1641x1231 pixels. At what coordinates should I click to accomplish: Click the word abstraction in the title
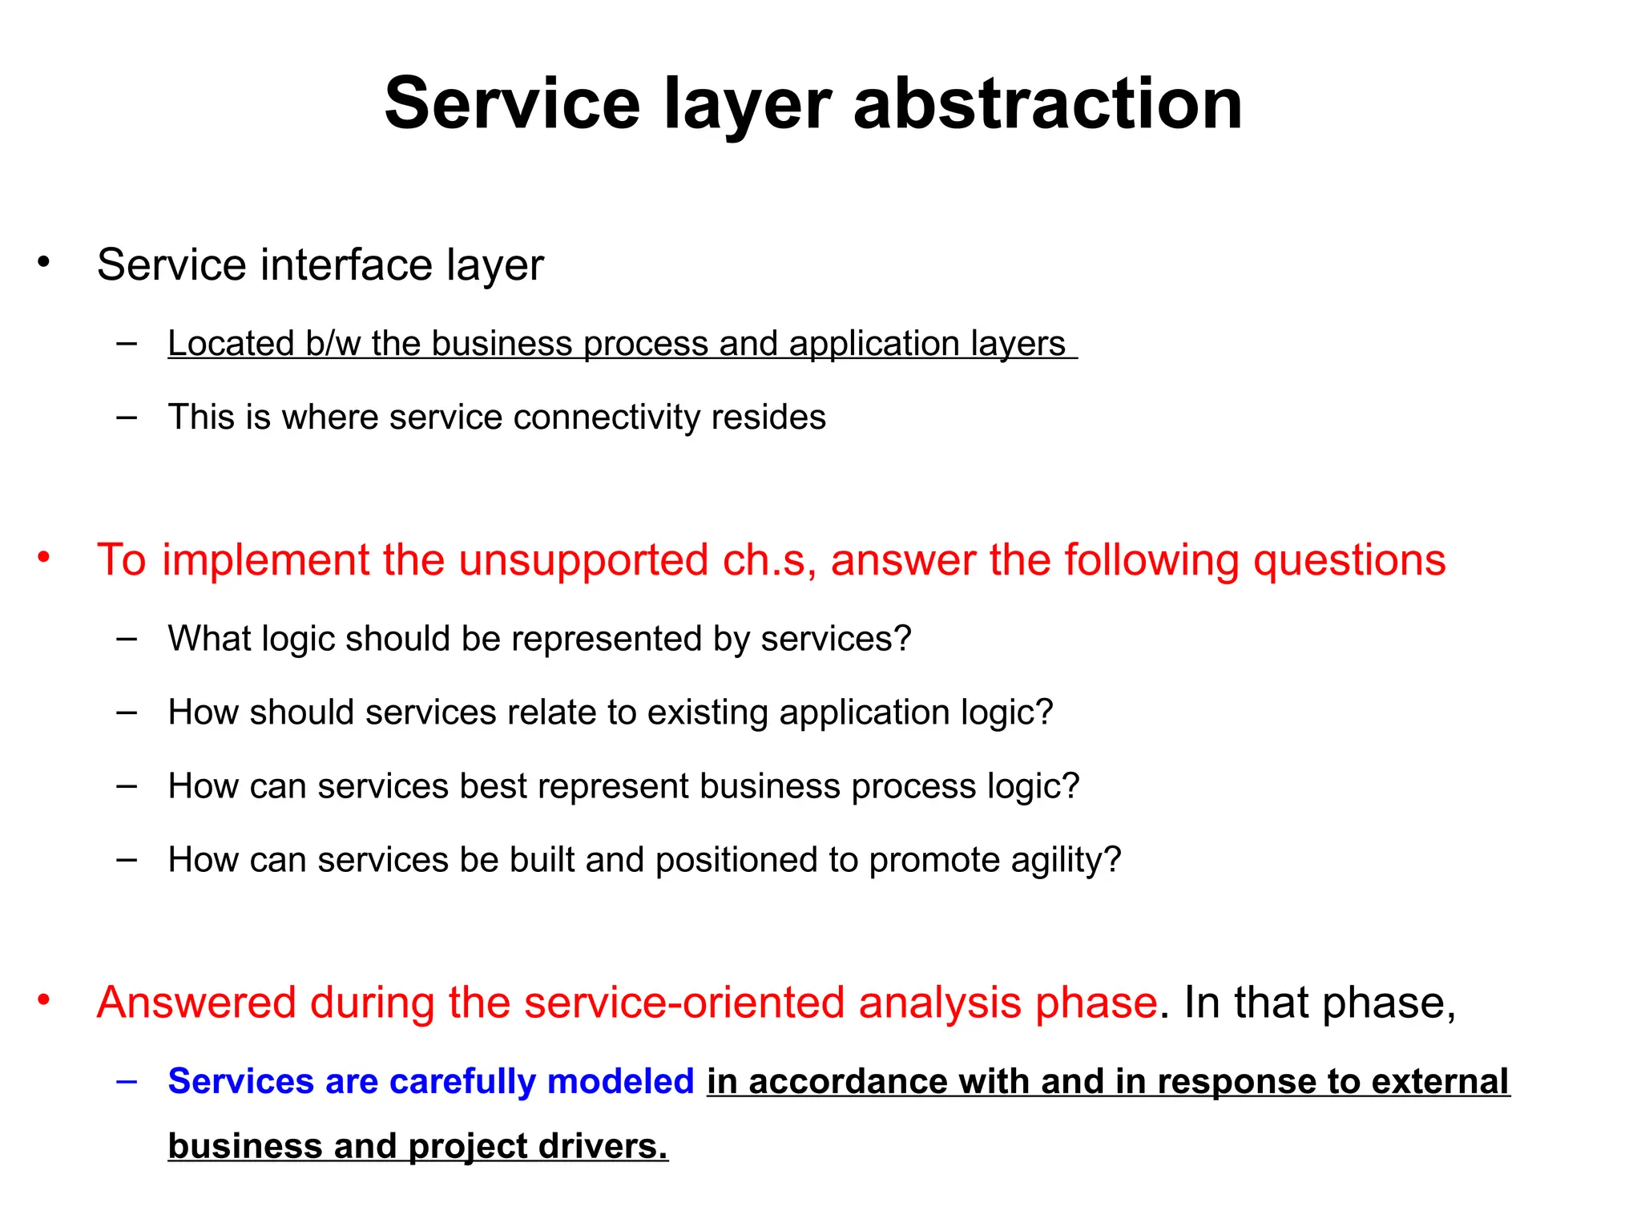(x=1047, y=104)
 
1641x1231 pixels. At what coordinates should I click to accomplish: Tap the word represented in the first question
(x=607, y=639)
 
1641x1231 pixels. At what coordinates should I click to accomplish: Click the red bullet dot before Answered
(x=44, y=999)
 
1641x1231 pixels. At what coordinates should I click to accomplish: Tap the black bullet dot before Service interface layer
(x=44, y=261)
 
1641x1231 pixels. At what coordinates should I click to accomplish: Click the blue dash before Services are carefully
(x=127, y=1081)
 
